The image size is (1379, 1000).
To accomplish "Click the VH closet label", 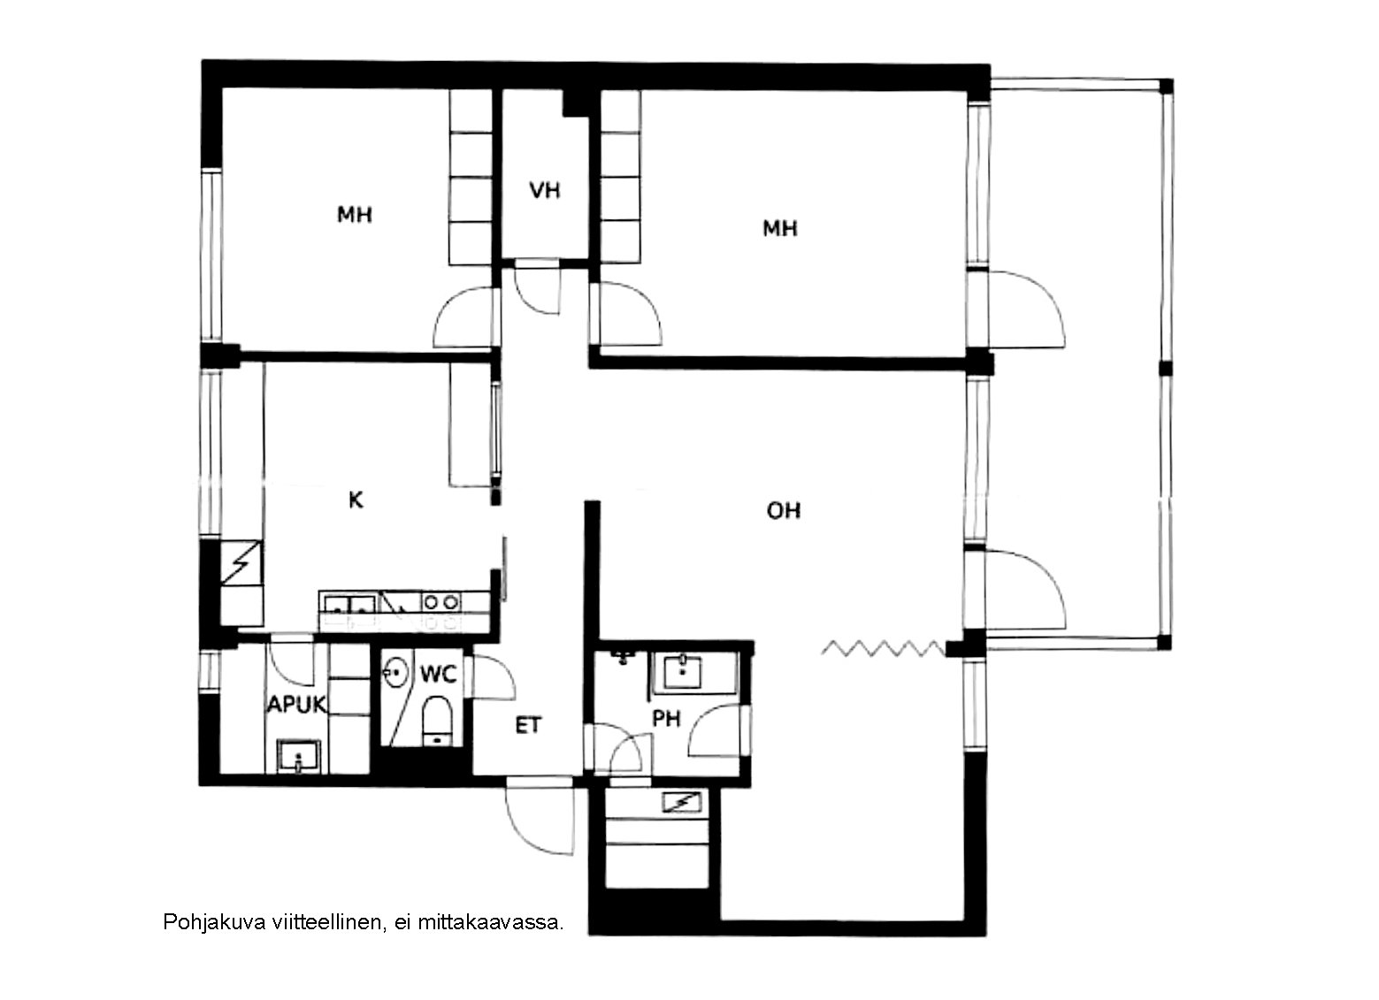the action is (545, 190).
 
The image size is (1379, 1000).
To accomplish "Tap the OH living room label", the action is (783, 510).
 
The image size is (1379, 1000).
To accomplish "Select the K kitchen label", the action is (356, 500).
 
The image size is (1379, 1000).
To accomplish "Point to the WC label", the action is (439, 674).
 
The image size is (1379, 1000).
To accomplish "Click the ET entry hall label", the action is (528, 726).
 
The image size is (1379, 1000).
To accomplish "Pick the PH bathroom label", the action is (666, 718).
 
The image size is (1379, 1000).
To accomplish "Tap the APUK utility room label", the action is (296, 705).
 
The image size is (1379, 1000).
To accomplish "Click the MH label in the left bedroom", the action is (355, 214).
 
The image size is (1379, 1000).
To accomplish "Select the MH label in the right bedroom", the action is (780, 228).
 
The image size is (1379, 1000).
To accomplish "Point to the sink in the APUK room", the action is (299, 756).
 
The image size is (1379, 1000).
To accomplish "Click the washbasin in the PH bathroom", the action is (682, 671).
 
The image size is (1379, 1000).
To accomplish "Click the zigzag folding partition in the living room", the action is (882, 648).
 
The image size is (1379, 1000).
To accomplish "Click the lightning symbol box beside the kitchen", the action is (241, 563).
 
